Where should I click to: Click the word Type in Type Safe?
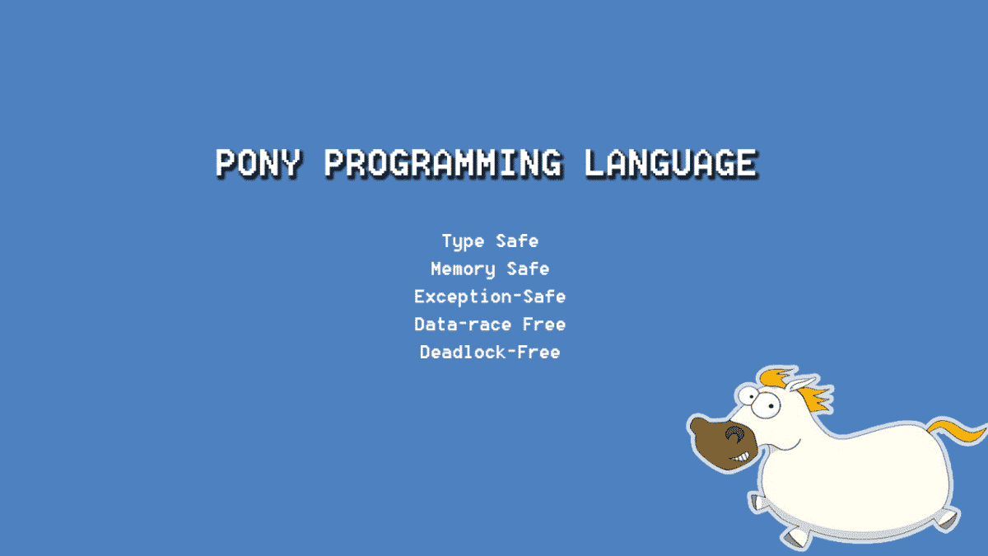(x=462, y=241)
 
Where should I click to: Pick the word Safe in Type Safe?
(x=517, y=241)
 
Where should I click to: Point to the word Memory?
(x=463, y=269)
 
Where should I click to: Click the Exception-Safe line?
(x=490, y=297)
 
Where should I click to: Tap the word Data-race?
(x=462, y=325)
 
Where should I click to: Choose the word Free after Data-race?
(x=544, y=325)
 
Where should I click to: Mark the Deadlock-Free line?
(x=490, y=353)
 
